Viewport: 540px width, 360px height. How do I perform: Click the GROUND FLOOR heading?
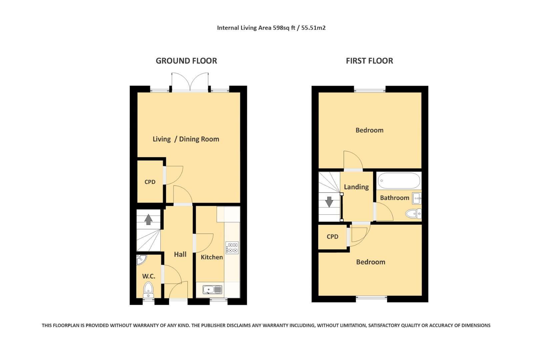tap(186, 61)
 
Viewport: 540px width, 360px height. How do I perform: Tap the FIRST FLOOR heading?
tap(369, 61)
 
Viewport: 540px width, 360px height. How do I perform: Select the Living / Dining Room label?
tap(186, 139)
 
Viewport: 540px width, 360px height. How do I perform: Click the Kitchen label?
tap(212, 257)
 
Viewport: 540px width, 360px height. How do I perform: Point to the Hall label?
tap(180, 254)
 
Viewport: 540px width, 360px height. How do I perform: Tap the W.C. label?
tap(149, 276)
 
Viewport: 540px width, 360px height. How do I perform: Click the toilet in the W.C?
tap(148, 289)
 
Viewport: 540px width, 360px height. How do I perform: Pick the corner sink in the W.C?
tap(141, 259)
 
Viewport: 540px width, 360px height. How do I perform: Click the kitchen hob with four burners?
tap(232, 248)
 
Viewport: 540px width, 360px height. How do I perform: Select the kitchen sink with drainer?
tap(212, 289)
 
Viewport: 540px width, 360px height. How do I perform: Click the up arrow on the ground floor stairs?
tap(148, 219)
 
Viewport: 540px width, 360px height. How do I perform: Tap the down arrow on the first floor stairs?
tap(329, 202)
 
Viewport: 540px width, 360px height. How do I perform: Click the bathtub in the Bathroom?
tap(399, 181)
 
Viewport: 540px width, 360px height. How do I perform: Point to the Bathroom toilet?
tap(413, 213)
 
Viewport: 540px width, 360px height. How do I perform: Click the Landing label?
tap(356, 187)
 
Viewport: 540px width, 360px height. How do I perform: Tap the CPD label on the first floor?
tap(332, 237)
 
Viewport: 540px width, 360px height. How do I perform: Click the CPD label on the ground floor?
tap(150, 182)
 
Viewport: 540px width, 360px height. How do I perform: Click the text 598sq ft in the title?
tap(284, 28)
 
